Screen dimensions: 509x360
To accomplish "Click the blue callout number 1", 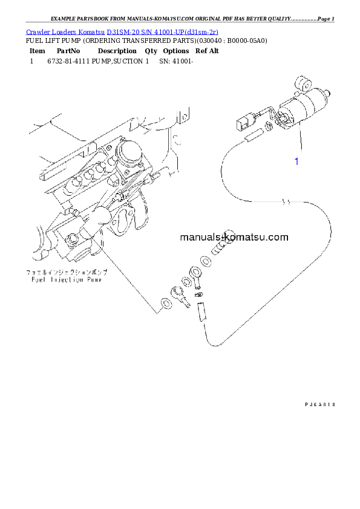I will [296, 161].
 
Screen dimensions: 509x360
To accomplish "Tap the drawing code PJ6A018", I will [319, 404].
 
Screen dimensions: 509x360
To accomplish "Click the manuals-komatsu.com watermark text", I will [234, 237].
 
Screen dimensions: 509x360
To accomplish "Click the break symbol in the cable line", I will [289, 202].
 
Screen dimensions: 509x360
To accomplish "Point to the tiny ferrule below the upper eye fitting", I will [201, 295].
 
